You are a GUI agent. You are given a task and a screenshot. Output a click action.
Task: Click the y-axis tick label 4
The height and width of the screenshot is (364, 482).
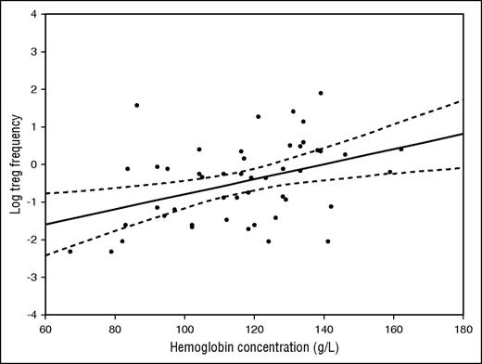[34, 15]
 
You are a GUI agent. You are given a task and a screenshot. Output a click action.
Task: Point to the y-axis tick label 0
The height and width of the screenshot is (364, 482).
[34, 164]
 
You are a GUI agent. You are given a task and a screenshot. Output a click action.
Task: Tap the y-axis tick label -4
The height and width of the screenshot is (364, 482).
[32, 315]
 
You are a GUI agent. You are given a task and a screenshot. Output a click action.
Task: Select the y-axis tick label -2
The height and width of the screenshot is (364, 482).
[32, 240]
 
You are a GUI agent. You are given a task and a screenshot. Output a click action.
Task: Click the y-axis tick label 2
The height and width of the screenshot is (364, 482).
[34, 90]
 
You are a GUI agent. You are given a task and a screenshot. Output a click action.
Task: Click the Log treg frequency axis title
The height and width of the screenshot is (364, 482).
[14, 165]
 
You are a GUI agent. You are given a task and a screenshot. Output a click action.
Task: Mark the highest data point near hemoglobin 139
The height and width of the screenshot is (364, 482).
[321, 93]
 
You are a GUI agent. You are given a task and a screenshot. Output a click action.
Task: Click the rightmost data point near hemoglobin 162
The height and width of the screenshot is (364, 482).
[401, 149]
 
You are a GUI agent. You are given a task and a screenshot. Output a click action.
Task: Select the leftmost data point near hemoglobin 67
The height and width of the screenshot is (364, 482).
[70, 251]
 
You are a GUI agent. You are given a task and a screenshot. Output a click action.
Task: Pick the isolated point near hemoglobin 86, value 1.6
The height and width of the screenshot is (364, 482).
[136, 105]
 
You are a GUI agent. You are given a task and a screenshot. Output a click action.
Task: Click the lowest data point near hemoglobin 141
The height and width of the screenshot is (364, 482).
[328, 241]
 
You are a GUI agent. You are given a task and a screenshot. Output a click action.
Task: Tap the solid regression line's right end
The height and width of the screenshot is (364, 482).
[462, 134]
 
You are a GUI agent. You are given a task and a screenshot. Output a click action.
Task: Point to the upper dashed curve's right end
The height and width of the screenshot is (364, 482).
[462, 100]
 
